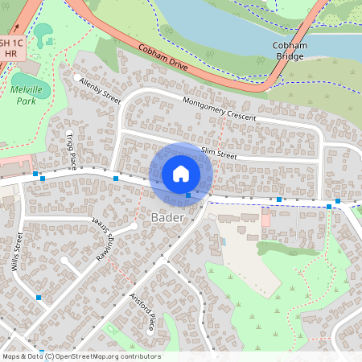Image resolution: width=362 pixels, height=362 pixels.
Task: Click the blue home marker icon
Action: click(181, 174)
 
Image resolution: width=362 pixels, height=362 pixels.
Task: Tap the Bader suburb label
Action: click(167, 218)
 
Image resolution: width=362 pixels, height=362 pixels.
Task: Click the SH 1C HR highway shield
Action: click(10, 47)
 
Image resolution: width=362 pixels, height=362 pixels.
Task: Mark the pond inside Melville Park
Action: click(42, 33)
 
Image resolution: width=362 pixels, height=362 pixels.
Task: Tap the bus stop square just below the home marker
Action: click(188, 195)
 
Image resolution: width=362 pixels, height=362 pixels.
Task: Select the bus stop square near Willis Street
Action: click(39, 298)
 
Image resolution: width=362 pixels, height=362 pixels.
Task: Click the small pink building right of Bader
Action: click(265, 217)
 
